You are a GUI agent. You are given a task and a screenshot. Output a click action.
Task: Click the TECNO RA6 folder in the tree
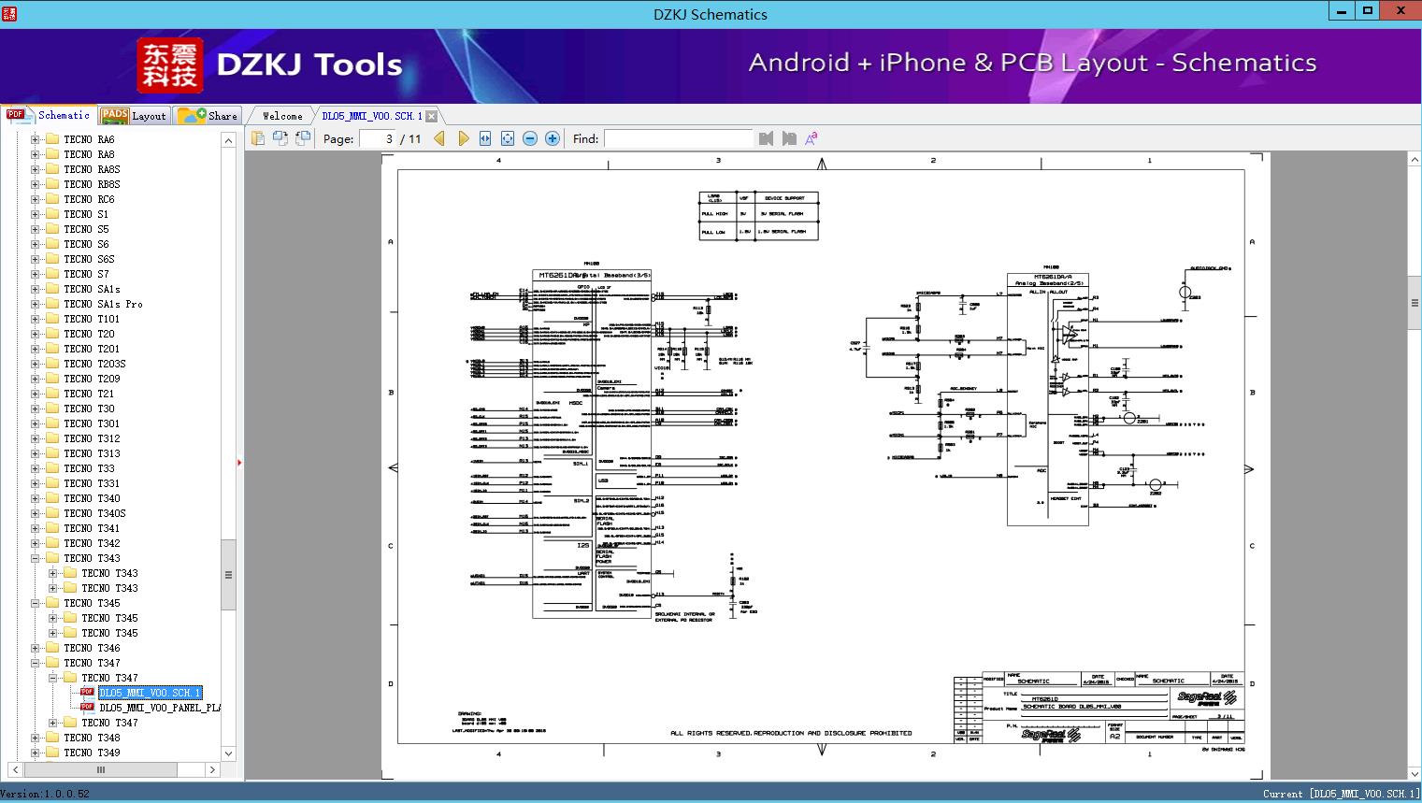tap(89, 139)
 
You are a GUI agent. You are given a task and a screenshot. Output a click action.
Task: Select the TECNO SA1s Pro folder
tap(103, 304)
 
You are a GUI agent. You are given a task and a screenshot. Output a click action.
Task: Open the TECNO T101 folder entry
tap(91, 319)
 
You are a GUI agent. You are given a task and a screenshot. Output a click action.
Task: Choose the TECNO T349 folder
tap(91, 753)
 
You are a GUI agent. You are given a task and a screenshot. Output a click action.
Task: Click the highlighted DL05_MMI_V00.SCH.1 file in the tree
tap(150, 693)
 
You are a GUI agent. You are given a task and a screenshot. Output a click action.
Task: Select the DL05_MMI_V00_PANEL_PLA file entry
tap(160, 708)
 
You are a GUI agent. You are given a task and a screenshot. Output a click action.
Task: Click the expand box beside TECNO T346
tap(36, 648)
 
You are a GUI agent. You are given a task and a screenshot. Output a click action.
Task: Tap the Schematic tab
tap(51, 116)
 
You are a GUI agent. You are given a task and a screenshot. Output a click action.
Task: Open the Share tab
tap(208, 116)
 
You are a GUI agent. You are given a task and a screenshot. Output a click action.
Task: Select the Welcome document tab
tap(282, 116)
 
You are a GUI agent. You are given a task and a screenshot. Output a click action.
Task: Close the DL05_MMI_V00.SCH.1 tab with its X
tap(431, 116)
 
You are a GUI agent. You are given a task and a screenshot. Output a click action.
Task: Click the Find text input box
tap(678, 138)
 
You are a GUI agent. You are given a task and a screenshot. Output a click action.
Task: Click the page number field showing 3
tap(379, 138)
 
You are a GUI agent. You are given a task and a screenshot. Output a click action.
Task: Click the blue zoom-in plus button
tap(553, 138)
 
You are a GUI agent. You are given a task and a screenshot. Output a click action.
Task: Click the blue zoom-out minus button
tap(530, 138)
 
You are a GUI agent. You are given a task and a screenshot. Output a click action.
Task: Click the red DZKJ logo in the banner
tap(169, 65)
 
